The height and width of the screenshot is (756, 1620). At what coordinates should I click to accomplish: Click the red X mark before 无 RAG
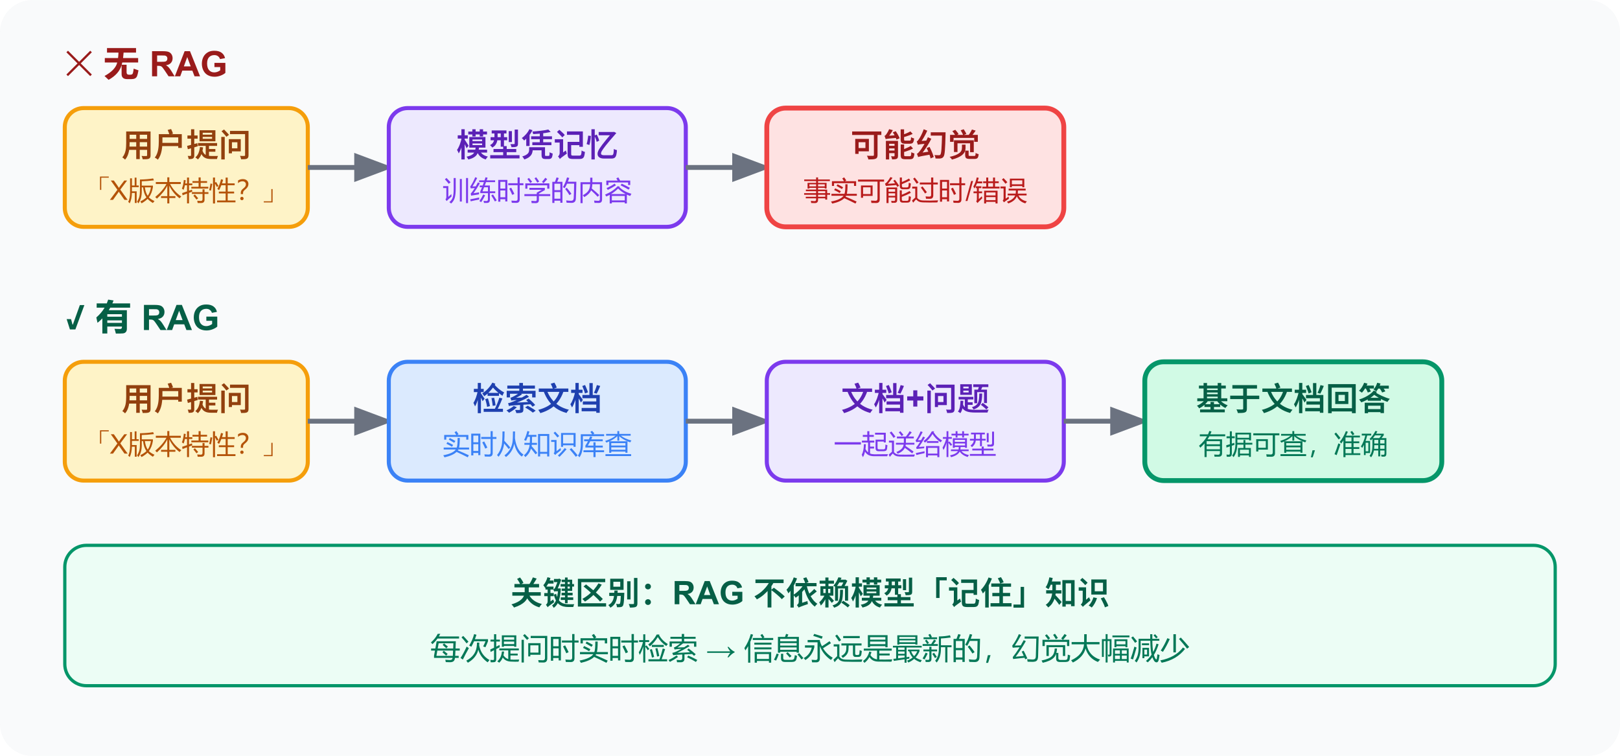(x=79, y=64)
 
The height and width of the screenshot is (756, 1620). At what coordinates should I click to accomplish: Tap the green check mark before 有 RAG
(x=75, y=318)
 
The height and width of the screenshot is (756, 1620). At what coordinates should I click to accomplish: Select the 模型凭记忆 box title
(x=537, y=145)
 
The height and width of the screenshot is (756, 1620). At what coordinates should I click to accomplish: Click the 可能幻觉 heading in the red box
(x=914, y=145)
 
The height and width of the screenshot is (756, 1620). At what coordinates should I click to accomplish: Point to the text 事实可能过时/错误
(x=914, y=192)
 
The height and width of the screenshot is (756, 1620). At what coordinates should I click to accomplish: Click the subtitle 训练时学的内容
(x=537, y=192)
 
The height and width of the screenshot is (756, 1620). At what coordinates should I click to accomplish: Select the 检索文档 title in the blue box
(x=537, y=399)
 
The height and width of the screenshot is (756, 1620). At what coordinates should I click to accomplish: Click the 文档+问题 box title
(x=914, y=399)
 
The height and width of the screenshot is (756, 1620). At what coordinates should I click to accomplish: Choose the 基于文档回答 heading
(x=1293, y=399)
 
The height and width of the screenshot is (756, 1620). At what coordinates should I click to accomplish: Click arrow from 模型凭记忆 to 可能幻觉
(x=726, y=168)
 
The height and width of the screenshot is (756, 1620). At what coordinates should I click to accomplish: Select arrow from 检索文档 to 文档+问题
(x=726, y=422)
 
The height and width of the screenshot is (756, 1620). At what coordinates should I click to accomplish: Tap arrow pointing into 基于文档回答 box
(x=1104, y=422)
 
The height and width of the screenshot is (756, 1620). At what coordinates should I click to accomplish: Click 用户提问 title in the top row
(x=186, y=145)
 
